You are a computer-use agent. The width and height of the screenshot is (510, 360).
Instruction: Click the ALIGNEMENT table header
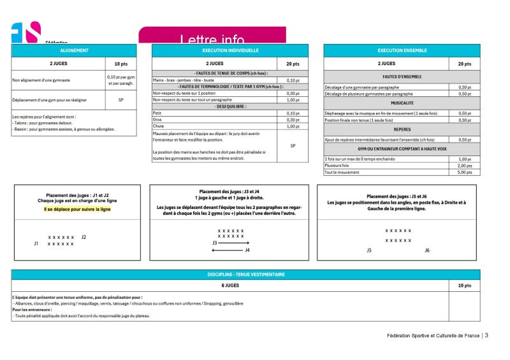(74, 50)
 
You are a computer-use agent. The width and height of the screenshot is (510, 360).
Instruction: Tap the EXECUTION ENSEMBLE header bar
(402, 50)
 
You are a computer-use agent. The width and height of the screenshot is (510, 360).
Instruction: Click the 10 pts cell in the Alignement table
(120, 64)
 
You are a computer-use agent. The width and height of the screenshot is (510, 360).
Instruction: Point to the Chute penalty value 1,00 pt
(293, 126)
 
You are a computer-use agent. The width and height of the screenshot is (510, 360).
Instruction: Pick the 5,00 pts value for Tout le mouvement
(465, 172)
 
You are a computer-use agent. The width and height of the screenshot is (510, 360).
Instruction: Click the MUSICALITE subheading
(402, 103)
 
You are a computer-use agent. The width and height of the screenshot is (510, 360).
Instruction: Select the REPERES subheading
(402, 129)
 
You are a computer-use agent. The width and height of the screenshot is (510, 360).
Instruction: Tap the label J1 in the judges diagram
(36, 243)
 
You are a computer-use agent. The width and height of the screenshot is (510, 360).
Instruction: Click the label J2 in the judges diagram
(84, 237)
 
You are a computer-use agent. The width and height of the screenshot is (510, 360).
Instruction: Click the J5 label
(369, 250)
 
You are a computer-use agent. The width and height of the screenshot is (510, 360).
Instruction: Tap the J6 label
(427, 250)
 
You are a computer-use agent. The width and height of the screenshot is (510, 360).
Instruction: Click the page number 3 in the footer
(486, 336)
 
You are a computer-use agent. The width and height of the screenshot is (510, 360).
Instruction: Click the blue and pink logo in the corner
(25, 32)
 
